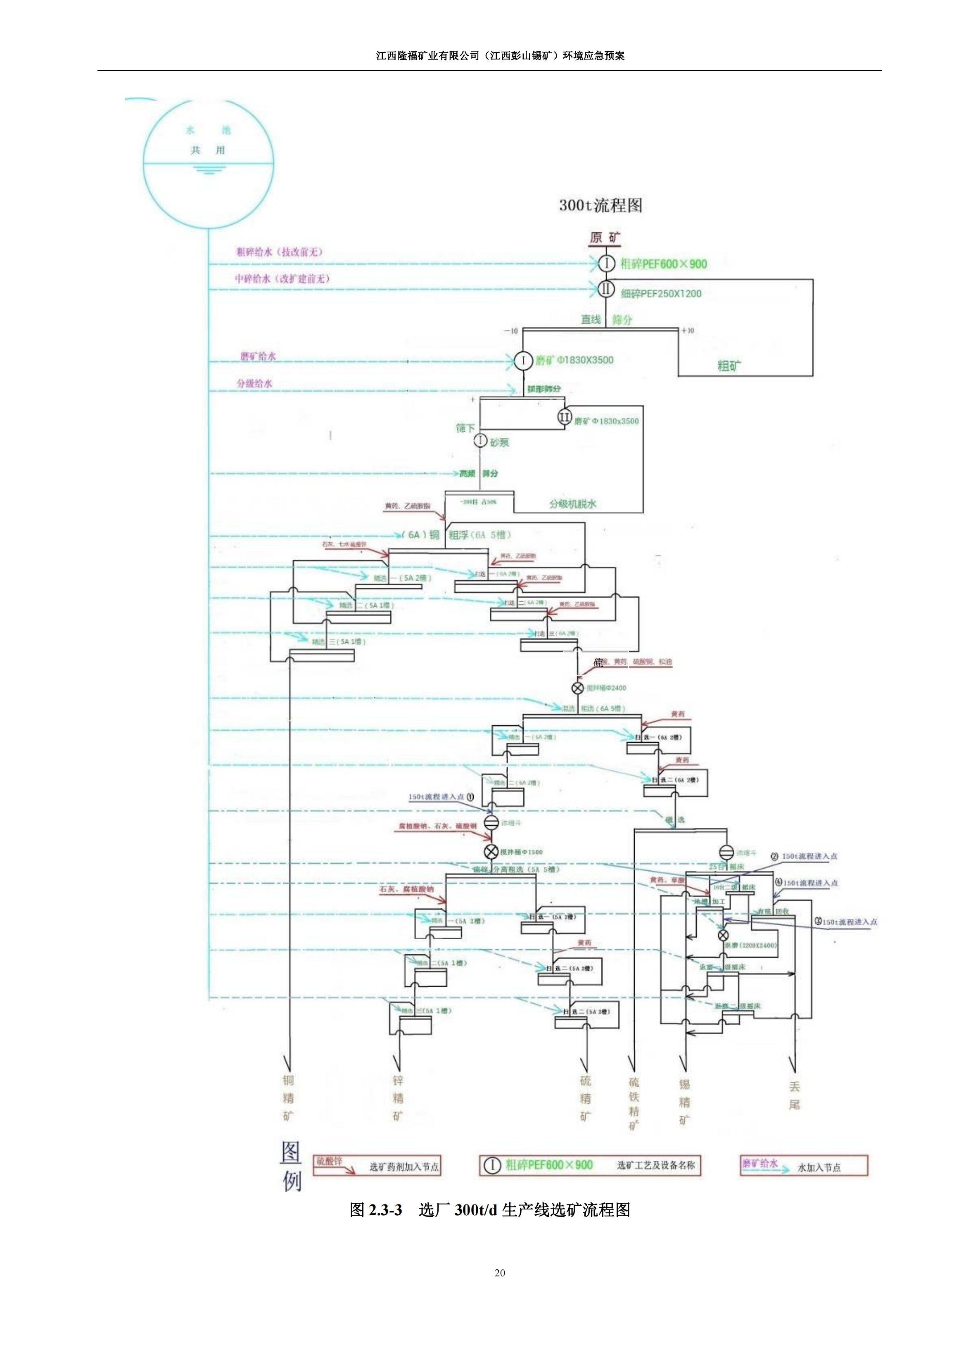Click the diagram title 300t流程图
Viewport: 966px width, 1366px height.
pyautogui.click(x=600, y=206)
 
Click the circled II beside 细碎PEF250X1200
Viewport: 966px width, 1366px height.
pyautogui.click(x=606, y=290)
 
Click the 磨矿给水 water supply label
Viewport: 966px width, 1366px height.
pyautogui.click(x=258, y=356)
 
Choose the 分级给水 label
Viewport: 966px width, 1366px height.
pyautogui.click(x=254, y=383)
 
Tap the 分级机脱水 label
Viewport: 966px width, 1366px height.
pyautogui.click(x=572, y=504)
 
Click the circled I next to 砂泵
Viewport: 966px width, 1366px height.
pyautogui.click(x=480, y=440)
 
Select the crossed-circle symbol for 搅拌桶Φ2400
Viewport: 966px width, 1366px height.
pyautogui.click(x=577, y=688)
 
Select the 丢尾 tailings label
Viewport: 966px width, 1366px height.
pyautogui.click(x=794, y=1096)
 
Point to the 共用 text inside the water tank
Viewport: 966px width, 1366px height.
pyautogui.click(x=208, y=150)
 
